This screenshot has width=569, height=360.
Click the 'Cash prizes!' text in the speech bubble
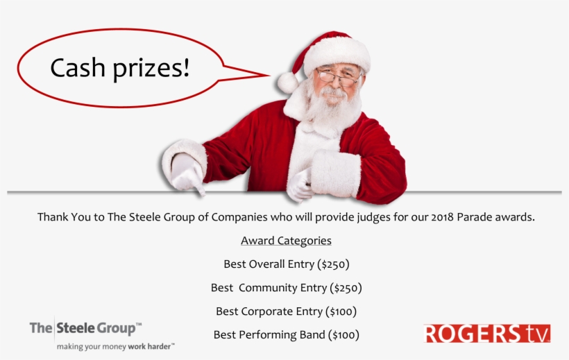[120, 68]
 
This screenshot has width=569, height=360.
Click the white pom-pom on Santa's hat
[288, 83]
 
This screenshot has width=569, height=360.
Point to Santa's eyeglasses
[337, 76]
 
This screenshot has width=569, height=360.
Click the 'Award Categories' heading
[286, 241]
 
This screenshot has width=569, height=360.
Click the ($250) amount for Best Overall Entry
[333, 264]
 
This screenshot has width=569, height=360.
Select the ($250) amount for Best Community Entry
[346, 288]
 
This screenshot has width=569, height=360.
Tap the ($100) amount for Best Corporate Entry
[341, 311]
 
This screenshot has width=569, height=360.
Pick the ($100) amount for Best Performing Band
[343, 334]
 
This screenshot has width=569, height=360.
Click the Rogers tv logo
[487, 334]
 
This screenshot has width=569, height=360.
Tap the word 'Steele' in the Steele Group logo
[76, 328]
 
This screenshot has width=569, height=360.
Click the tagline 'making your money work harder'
[115, 347]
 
